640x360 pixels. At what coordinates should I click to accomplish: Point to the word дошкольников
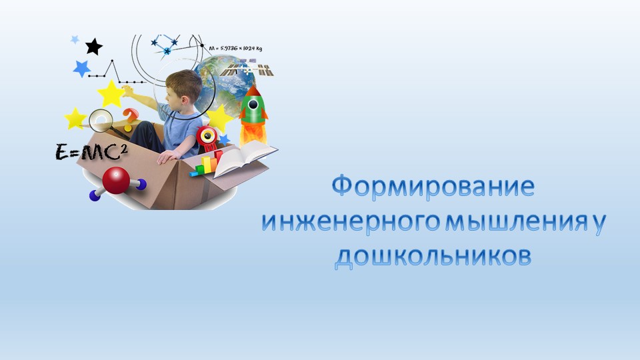[433, 257]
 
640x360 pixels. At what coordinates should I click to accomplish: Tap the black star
[94, 47]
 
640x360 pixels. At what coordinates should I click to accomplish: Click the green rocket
[253, 107]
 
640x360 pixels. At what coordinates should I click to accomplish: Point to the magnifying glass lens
[101, 120]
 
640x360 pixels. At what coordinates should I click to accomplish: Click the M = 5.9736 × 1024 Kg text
[242, 49]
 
